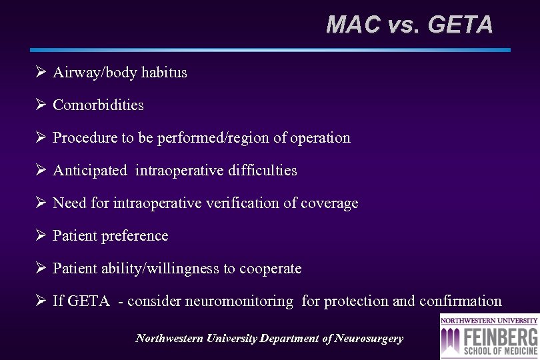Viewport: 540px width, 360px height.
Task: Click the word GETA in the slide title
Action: point(460,25)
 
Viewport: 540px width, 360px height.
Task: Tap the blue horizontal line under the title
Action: point(270,50)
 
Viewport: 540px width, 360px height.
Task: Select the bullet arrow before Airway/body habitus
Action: point(40,72)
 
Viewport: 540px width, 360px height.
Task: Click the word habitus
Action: point(163,73)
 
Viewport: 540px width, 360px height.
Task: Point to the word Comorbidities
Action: point(98,105)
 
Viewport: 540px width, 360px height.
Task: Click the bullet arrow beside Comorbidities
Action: point(40,105)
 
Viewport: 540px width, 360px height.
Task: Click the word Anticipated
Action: point(89,171)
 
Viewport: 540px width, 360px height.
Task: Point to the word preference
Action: point(135,236)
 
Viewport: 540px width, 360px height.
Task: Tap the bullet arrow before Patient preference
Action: point(40,235)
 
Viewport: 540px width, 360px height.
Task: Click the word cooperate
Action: point(270,269)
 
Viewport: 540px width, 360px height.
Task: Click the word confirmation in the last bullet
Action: point(460,301)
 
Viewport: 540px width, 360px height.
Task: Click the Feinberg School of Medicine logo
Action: point(489,337)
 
